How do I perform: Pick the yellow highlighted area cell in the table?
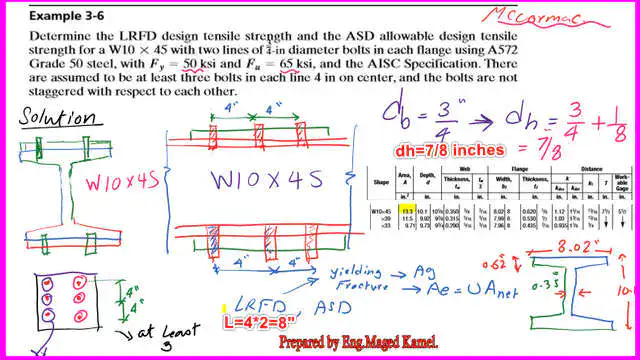pos(407,212)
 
